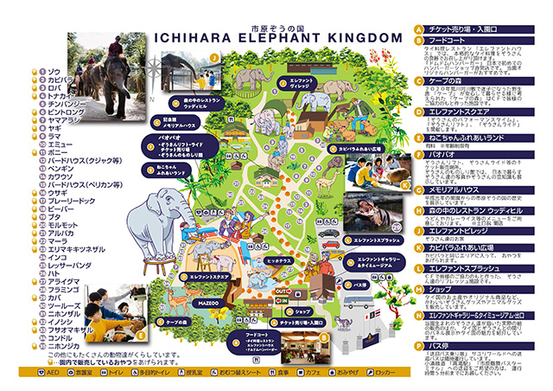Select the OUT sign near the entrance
click(281, 292)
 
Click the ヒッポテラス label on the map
click(280, 260)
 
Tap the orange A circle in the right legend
click(418, 29)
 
